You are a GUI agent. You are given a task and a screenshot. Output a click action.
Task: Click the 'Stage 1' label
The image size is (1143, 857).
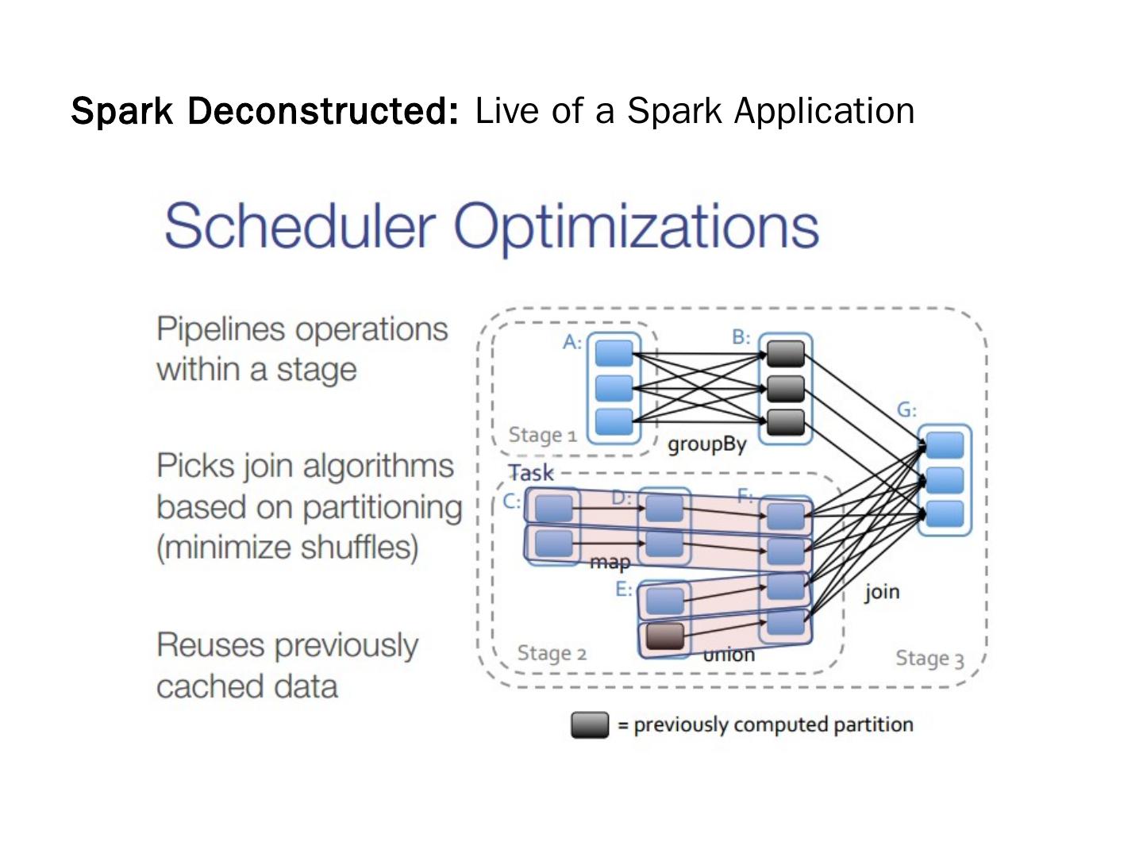(x=542, y=435)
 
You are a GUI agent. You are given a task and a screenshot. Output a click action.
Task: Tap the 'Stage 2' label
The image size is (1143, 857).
(x=552, y=653)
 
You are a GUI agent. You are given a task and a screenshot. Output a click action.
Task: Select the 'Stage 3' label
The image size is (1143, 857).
(x=929, y=659)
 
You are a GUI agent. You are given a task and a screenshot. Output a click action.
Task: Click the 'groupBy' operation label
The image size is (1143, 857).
(x=706, y=444)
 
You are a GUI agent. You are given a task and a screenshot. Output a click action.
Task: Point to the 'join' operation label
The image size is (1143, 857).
(x=882, y=591)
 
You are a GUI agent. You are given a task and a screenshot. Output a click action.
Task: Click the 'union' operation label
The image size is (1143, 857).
(x=729, y=655)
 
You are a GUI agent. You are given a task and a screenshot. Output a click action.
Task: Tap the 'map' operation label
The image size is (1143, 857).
(x=610, y=562)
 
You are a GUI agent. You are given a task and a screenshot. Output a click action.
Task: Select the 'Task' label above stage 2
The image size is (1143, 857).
(x=531, y=473)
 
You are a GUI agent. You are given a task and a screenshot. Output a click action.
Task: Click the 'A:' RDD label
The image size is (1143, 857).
(x=572, y=342)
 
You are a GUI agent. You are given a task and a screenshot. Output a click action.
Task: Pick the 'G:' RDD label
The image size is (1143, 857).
(x=906, y=410)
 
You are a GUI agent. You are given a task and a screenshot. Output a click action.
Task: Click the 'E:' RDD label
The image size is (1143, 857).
(x=624, y=589)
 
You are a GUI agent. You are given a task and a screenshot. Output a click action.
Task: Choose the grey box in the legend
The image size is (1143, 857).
(x=590, y=724)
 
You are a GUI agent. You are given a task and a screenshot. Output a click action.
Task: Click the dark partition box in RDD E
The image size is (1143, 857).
(x=664, y=636)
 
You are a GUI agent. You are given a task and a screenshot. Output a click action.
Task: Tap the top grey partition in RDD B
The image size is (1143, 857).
(x=786, y=353)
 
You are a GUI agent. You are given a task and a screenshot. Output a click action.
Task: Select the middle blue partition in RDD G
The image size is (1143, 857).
(x=945, y=480)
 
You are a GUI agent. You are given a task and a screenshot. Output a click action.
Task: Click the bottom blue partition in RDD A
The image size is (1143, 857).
(x=614, y=421)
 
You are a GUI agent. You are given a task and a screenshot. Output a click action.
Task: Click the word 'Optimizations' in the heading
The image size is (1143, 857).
(x=636, y=226)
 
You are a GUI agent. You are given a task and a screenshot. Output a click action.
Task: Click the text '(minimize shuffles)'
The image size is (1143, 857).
(x=287, y=548)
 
